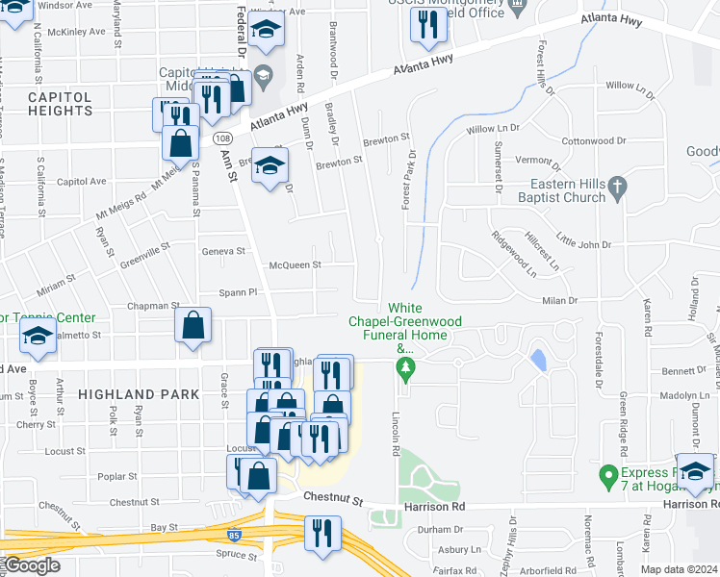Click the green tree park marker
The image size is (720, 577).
(x=405, y=370)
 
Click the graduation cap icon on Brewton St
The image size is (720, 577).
(x=271, y=165)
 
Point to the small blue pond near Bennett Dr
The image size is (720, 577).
(x=536, y=360)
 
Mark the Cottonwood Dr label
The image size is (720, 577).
(x=594, y=140)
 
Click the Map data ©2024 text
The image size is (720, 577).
(x=679, y=569)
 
